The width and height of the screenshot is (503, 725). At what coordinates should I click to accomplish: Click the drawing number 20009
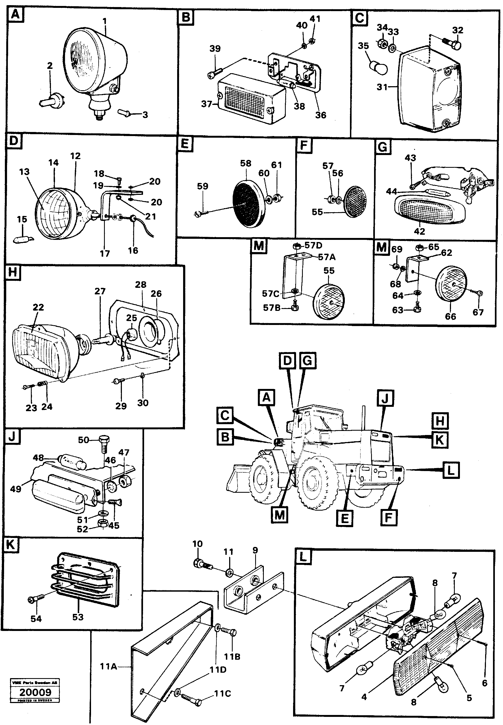point(35,692)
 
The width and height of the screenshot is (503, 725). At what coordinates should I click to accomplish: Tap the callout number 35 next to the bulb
point(363,46)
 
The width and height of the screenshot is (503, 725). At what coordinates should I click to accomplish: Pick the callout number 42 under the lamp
point(419,231)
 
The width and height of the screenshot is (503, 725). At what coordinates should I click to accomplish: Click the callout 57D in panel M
point(313,245)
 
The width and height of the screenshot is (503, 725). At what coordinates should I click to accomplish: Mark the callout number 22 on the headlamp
point(38,307)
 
